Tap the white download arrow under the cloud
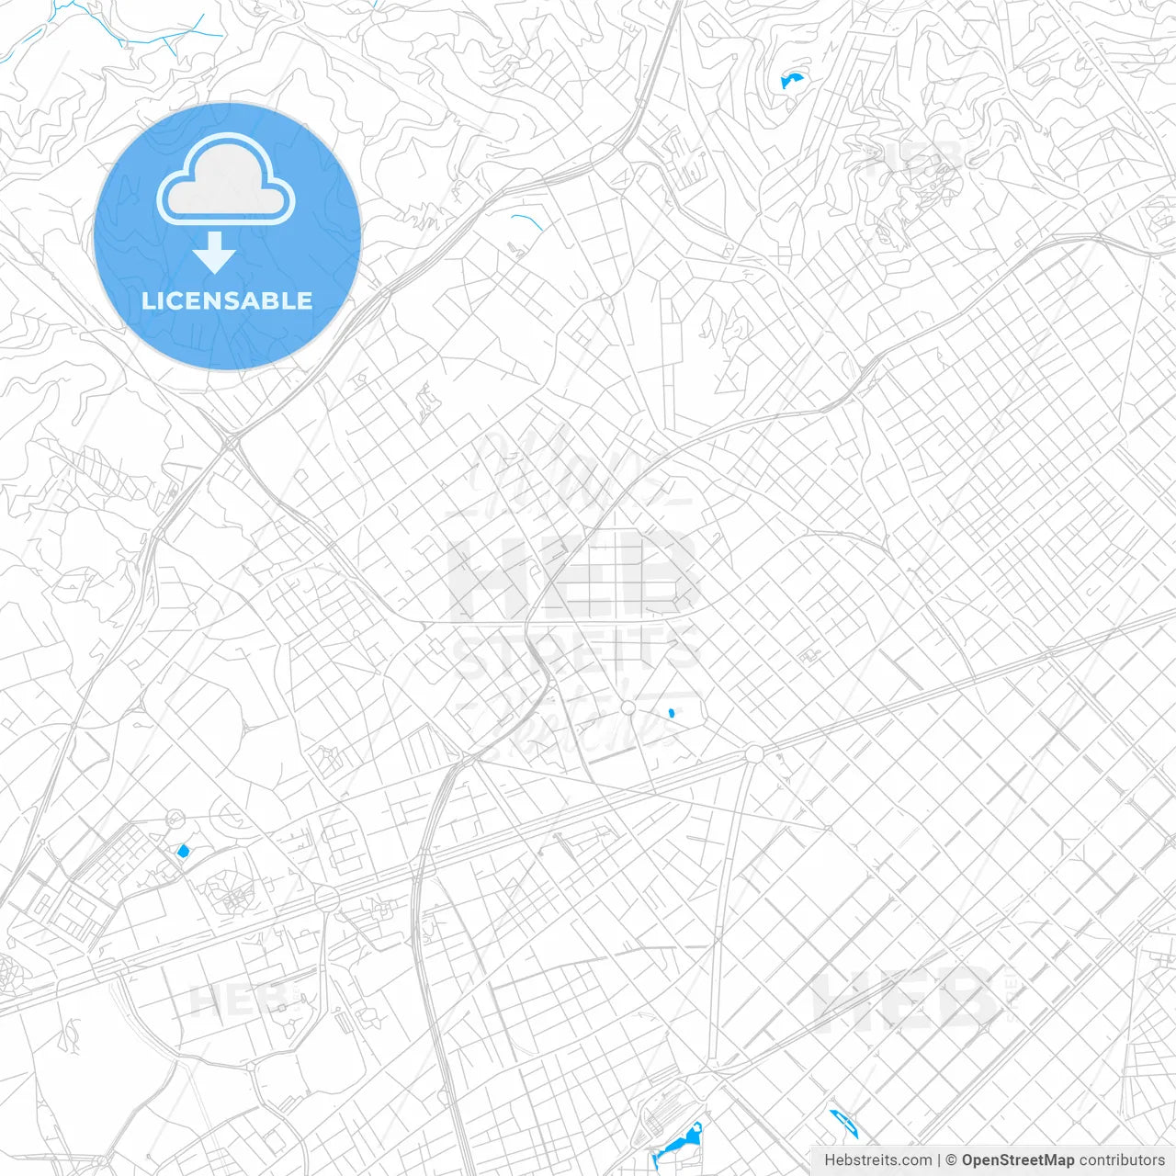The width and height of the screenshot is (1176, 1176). pos(215,253)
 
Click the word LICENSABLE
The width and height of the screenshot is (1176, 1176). pos(227,300)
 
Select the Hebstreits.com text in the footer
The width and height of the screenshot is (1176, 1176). pos(877,1160)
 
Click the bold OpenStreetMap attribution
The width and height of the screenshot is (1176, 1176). pos(1017,1160)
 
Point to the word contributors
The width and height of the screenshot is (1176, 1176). pos(1122,1160)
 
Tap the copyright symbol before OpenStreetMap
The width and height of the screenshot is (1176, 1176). pos(951,1160)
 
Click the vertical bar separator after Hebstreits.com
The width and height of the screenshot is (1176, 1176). pos(939,1160)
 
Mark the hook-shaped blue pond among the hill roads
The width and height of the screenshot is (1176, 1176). pos(791,80)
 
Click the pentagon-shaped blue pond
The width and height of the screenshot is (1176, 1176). pos(182,852)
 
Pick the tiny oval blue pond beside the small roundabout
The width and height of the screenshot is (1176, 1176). pos(672,713)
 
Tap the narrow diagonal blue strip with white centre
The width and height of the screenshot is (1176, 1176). pos(843,1123)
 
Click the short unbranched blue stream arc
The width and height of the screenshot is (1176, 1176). pos(527,220)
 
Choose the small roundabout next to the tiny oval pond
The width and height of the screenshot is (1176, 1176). pos(628,707)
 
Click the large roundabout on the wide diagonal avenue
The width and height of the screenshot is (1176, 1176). pos(754,754)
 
